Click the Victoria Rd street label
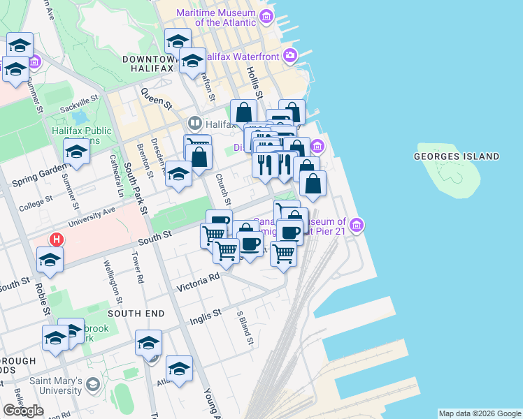[199, 281]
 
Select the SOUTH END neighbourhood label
[136, 314]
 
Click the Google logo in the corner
[23, 411]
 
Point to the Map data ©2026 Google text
[480, 413]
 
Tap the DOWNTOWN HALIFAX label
[148, 64]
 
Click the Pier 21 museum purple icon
[357, 226]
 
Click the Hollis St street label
[254, 82]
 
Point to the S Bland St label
[245, 328]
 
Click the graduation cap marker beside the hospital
[50, 260]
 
